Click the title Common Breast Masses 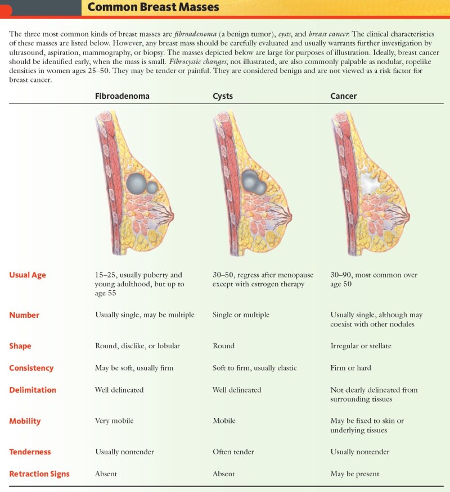coord(153,7)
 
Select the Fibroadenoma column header coord(122,96)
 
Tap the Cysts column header coord(223,96)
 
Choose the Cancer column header coord(343,96)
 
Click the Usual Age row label coord(28,275)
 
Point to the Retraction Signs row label coord(39,474)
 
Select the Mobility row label coord(25,421)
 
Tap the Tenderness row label coord(30,452)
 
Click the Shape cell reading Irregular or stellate coord(361,346)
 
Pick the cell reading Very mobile coord(114,421)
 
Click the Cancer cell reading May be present coord(355,474)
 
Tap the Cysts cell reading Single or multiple coord(241,315)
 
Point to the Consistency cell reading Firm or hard coord(350,368)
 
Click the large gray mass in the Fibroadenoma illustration coord(136,183)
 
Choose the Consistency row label coord(31,368)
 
